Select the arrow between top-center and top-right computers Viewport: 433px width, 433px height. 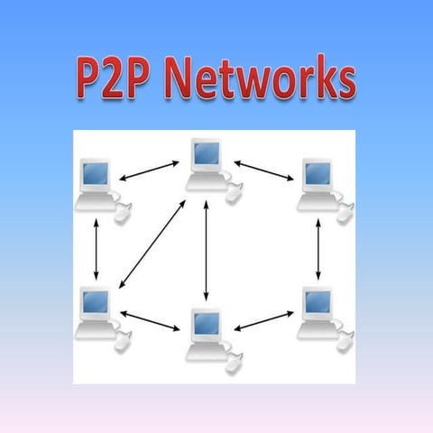click(265, 170)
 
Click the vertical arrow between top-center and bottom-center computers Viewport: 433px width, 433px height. click(207, 249)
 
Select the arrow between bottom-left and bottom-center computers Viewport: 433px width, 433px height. click(151, 320)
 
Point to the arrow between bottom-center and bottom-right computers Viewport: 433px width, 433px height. click(263, 320)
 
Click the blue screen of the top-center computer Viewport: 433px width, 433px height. click(207, 154)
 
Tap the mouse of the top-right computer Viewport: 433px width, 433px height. click(345, 212)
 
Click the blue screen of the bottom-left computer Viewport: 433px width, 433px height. click(93, 300)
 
